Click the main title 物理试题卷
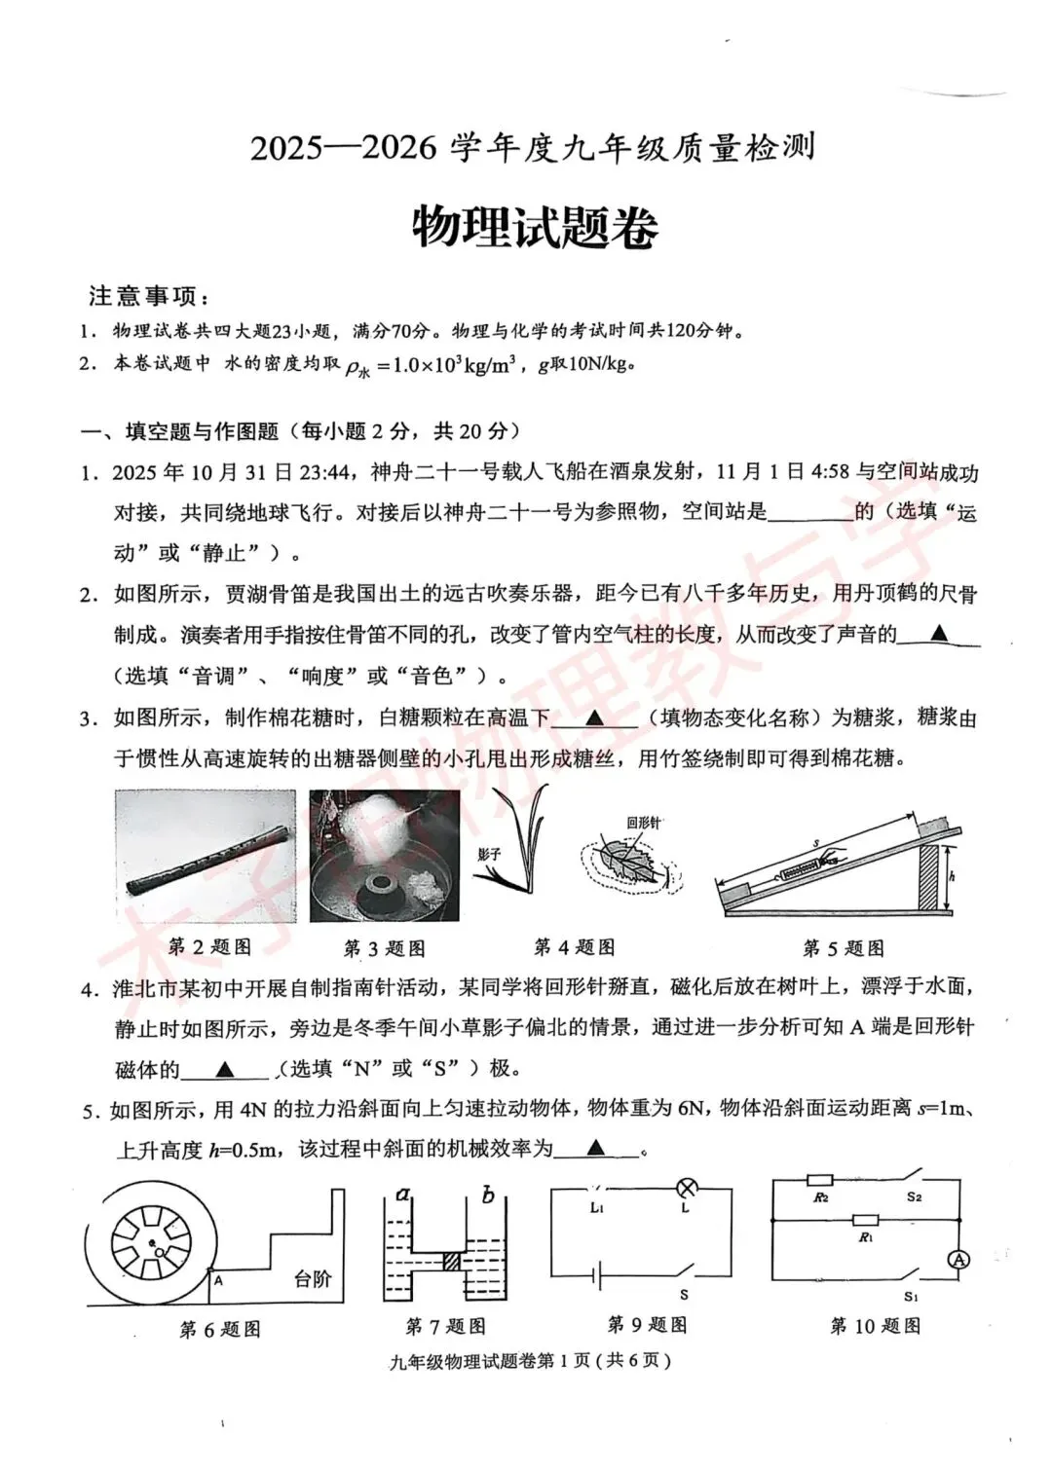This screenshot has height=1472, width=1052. click(534, 228)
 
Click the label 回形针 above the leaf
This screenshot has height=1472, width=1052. click(643, 823)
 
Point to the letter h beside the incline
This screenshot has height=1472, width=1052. click(952, 876)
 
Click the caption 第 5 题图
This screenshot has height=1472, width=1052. click(843, 948)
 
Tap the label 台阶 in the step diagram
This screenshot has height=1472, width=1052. click(313, 1279)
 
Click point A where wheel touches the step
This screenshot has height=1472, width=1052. click(218, 1281)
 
